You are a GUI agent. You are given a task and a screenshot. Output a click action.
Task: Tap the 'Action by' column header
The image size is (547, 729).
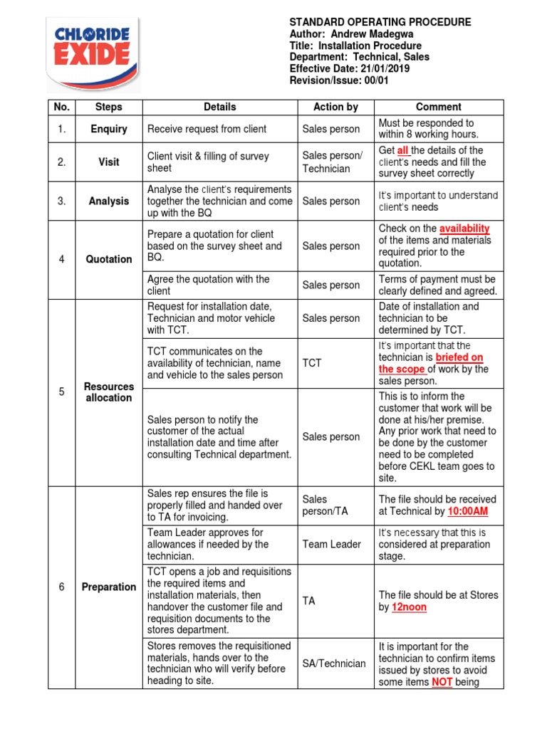[x=335, y=107]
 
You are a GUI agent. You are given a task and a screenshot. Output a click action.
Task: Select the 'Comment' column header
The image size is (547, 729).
[x=439, y=107]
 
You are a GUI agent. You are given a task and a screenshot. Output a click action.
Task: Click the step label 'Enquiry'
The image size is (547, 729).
[x=109, y=129]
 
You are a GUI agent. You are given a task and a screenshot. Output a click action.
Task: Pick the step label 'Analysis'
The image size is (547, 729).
[x=109, y=201]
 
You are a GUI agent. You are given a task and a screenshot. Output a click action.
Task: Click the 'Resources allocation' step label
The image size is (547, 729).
[x=109, y=392]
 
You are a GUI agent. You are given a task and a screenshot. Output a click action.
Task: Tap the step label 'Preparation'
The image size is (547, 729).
[x=109, y=587]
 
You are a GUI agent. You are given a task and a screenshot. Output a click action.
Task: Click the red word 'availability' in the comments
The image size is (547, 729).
[x=464, y=229]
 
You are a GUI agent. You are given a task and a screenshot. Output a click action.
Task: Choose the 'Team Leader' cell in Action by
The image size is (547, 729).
[x=332, y=545]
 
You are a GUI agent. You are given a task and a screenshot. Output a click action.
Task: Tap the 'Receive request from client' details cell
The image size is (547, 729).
[x=207, y=129]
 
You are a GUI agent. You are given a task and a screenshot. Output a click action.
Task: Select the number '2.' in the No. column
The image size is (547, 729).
[x=62, y=162]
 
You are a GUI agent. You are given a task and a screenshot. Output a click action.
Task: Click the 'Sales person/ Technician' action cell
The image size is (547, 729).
[x=332, y=162]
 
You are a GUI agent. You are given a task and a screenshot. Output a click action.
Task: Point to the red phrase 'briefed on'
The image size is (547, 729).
[x=459, y=357]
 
